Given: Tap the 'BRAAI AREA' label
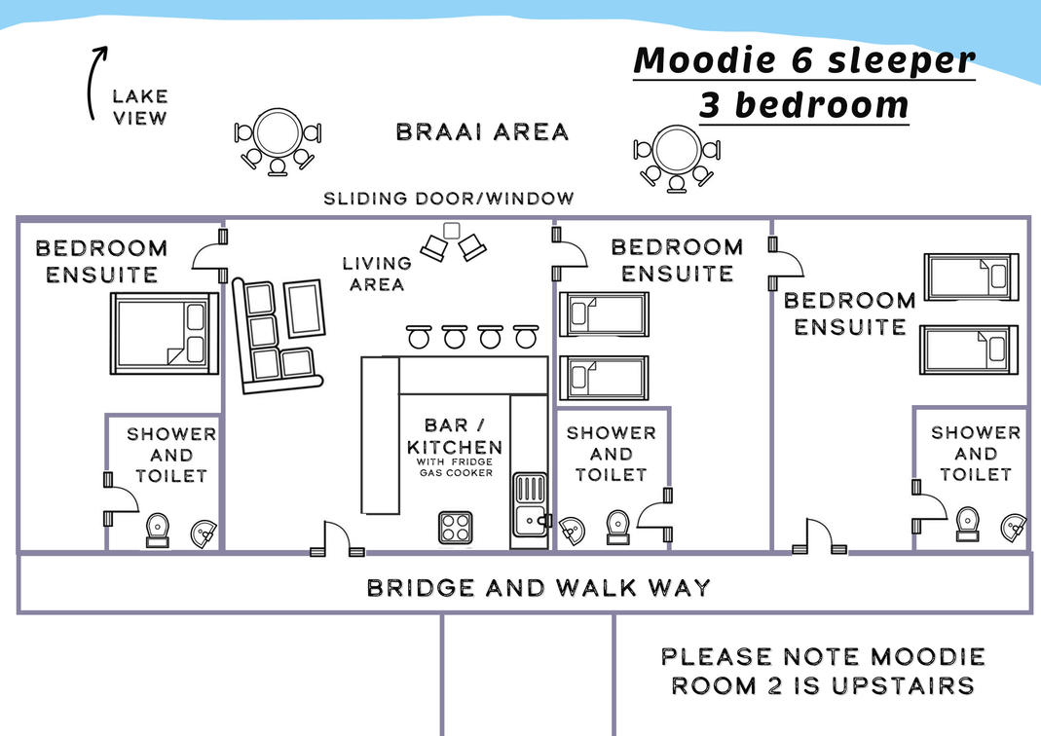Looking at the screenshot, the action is tap(482, 132).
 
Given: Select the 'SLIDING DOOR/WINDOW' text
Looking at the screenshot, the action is tap(448, 199).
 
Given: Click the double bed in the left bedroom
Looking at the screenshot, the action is tap(164, 333).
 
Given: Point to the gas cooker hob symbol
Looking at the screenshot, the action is tap(456, 528).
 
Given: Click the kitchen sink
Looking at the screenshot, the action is tap(531, 505).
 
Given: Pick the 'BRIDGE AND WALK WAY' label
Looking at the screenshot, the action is tap(539, 588).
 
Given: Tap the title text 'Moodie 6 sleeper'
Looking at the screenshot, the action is tap(804, 60).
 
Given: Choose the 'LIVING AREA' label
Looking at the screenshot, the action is tap(377, 274).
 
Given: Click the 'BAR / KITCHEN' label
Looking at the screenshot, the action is tap(454, 436).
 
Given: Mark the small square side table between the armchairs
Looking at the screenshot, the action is tap(452, 231).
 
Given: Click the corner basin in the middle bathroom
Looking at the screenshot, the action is tap(571, 531).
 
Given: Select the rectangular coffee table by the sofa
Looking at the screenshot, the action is tap(305, 309).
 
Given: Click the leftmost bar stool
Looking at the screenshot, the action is tap(419, 337).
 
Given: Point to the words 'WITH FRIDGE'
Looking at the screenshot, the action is tap(455, 461).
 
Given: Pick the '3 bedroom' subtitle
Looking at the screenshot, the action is tap(804, 105).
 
